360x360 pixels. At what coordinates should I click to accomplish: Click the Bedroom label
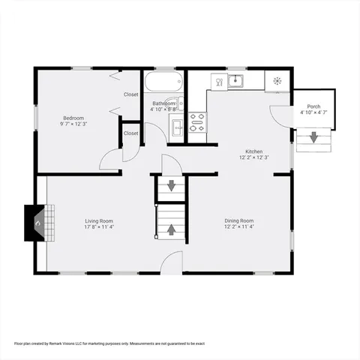coord(73,118)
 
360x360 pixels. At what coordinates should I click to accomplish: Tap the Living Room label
coord(99,220)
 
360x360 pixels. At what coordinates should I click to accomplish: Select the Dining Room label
coord(239,220)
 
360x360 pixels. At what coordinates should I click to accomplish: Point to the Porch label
coord(313,106)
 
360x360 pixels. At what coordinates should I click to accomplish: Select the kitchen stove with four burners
coord(197,122)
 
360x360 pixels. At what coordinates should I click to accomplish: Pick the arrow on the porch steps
coord(313,138)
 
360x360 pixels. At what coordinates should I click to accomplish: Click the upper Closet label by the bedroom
coord(131,94)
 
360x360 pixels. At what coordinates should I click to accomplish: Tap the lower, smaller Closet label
coord(131,133)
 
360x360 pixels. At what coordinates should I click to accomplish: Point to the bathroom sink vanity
coord(177,126)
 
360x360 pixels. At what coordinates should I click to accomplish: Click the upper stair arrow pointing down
coord(170,186)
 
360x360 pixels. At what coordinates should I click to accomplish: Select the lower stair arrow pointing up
coord(170,229)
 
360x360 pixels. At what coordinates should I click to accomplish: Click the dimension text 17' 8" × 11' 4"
coord(99,227)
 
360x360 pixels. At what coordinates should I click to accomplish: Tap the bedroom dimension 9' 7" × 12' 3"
coord(73,124)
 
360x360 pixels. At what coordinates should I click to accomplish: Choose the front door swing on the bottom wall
coord(172,262)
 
